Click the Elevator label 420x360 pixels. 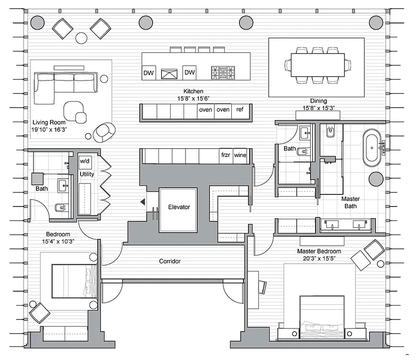179,207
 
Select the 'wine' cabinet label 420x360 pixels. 240,155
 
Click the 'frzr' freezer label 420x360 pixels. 226,155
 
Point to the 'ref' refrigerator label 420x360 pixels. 240,109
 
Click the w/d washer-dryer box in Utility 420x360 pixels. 85,161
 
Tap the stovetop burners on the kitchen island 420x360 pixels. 223,72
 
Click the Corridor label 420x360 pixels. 170,261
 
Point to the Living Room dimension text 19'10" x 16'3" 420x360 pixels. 49,129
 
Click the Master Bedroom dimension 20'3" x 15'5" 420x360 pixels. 319,258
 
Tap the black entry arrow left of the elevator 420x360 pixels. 142,202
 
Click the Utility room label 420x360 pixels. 87,174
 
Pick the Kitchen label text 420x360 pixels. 193,91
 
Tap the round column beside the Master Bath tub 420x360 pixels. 375,180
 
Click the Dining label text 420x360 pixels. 318,101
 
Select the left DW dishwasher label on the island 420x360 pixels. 149,72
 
